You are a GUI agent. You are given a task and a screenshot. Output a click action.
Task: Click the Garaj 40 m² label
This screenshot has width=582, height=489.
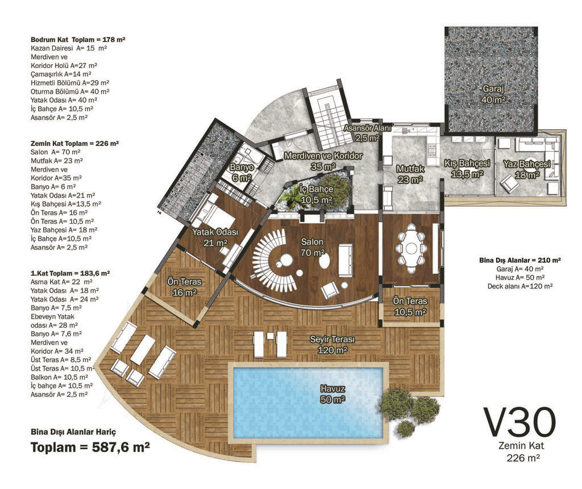click(x=493, y=94)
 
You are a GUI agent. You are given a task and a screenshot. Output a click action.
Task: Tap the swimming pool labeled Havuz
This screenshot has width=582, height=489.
click(x=307, y=403)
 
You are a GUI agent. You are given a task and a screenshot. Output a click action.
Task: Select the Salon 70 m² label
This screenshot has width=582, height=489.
click(x=313, y=247)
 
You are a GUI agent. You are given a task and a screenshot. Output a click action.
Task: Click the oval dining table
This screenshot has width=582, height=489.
click(x=410, y=248)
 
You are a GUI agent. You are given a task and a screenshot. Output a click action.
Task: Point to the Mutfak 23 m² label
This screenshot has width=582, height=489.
click(x=410, y=174)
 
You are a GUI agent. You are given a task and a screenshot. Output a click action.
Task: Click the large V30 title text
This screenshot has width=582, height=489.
click(x=521, y=422)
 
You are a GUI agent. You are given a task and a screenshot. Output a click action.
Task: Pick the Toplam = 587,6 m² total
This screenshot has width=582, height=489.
click(x=90, y=448)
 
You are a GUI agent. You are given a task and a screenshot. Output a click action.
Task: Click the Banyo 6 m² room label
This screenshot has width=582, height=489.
click(x=242, y=173)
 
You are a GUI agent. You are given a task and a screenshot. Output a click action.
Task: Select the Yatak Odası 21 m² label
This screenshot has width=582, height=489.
click(x=215, y=237)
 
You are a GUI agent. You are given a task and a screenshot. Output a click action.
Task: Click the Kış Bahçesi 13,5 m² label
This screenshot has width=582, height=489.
click(x=467, y=169)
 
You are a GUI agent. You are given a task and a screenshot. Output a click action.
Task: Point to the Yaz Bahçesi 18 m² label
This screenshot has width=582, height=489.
click(x=527, y=169)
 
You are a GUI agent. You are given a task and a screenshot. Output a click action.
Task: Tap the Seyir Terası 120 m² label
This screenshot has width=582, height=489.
click(x=332, y=345)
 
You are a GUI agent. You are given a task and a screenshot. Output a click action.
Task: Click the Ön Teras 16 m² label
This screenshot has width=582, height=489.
click(x=185, y=287)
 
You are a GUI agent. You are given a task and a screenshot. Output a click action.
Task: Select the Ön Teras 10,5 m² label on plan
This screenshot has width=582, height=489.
click(x=410, y=307)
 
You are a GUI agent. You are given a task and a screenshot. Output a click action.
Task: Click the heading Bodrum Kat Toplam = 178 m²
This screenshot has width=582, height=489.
click(x=78, y=39)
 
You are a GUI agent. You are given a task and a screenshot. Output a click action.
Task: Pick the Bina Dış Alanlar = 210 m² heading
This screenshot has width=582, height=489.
click(x=520, y=260)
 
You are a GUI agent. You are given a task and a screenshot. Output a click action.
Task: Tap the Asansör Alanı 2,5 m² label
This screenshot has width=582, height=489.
click(x=367, y=133)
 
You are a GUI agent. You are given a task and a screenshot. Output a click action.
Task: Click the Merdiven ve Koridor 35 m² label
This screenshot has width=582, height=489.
click(x=323, y=161)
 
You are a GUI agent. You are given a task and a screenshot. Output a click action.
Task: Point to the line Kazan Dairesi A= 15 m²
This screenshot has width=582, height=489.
click(x=69, y=48)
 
